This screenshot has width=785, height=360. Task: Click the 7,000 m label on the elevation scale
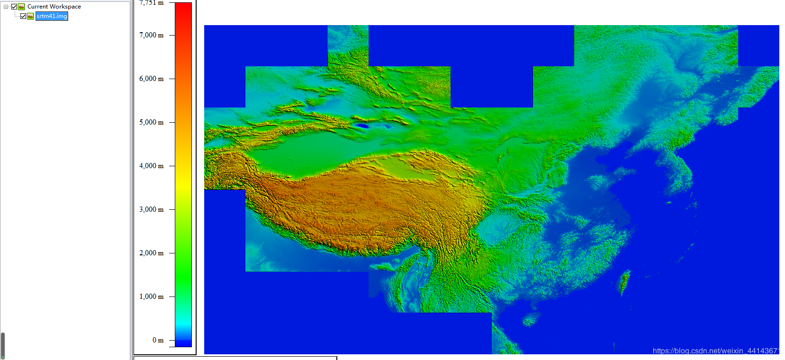pyautogui.click(x=151, y=35)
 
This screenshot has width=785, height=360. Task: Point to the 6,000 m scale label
pyautogui.click(x=151, y=79)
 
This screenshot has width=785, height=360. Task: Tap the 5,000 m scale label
pyautogui.click(x=151, y=122)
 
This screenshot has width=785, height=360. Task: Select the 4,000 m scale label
pyautogui.click(x=151, y=166)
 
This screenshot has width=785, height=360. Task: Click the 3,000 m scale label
pyautogui.click(x=151, y=209)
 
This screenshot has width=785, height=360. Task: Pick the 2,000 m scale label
pyautogui.click(x=151, y=253)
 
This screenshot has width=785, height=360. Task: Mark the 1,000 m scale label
pyautogui.click(x=151, y=297)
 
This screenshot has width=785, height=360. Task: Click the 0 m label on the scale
pyautogui.click(x=158, y=340)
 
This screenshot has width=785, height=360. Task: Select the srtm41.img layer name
pyautogui.click(x=52, y=16)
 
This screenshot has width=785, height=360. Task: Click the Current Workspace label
pyautogui.click(x=54, y=7)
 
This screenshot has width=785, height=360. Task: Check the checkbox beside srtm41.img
pyautogui.click(x=23, y=16)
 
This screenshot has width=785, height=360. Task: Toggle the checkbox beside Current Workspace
pyautogui.click(x=14, y=7)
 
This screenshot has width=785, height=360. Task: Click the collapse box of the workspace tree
pyautogui.click(x=6, y=7)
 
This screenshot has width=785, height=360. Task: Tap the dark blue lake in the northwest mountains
pyautogui.click(x=362, y=126)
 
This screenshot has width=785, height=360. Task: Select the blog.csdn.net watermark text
pyautogui.click(x=715, y=351)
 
